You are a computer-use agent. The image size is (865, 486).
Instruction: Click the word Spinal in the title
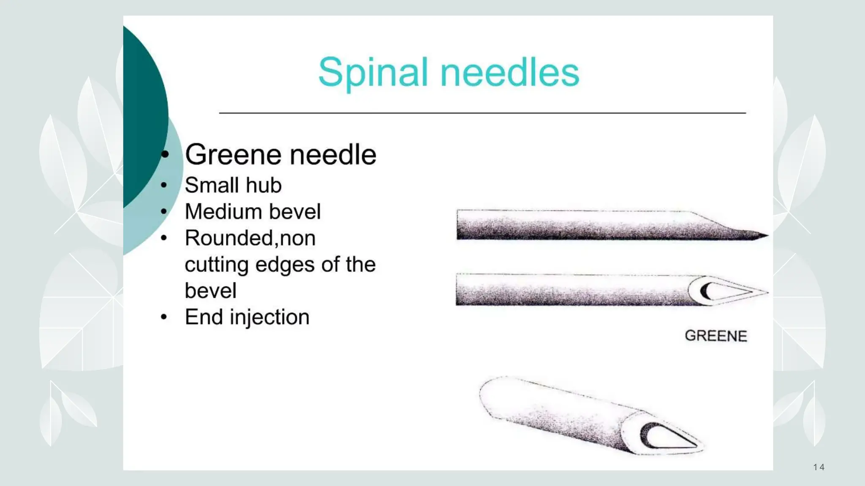[373, 73]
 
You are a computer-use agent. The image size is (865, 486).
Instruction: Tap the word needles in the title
[510, 73]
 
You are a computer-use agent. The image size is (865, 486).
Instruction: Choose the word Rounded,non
[250, 238]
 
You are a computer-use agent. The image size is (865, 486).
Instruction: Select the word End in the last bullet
[204, 317]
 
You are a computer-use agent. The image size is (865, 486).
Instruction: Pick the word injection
[269, 317]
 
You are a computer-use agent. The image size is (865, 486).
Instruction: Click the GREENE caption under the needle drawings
[716, 336]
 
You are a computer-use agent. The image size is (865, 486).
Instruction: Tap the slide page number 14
[819, 467]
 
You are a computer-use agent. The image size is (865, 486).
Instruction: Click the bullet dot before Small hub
[164, 185]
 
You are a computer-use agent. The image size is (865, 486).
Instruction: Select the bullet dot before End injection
[164, 317]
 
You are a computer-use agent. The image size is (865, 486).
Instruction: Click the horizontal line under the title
[481, 113]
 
